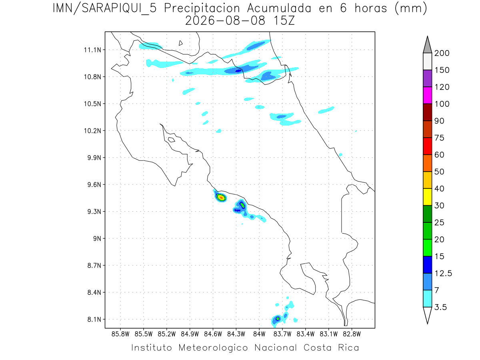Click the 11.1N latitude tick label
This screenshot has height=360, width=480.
(x=92, y=50)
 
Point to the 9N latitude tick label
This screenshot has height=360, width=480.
(x=97, y=238)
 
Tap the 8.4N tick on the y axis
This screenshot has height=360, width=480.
(x=94, y=292)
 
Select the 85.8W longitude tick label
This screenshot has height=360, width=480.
(x=120, y=334)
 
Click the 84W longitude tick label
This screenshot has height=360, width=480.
(x=259, y=334)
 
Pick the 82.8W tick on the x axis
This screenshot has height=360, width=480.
(x=352, y=334)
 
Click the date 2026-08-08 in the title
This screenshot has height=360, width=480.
(x=225, y=21)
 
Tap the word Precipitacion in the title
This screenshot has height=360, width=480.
(x=202, y=8)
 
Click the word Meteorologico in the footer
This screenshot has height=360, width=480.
(x=213, y=348)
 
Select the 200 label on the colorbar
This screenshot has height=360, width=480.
(x=442, y=53)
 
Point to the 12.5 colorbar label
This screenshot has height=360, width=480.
(x=443, y=273)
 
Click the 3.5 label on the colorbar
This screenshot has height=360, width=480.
(x=440, y=307)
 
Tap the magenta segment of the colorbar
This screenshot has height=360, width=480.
(x=427, y=95)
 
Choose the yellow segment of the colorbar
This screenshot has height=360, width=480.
(x=427, y=197)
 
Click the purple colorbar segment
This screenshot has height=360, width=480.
(x=427, y=78)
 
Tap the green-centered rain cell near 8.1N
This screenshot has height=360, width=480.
(x=278, y=319)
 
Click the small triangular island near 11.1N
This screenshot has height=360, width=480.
(x=180, y=43)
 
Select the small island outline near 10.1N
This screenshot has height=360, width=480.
(x=172, y=140)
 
